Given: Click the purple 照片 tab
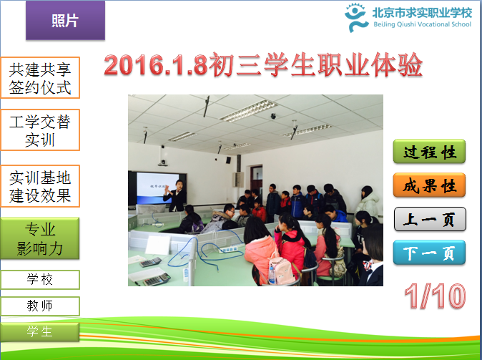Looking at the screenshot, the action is [65, 20].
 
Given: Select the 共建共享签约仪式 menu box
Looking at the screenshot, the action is [40, 78].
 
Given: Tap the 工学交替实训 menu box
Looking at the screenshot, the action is [40, 130].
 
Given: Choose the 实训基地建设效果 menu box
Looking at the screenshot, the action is [40, 186].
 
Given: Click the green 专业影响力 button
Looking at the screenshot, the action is [40, 238].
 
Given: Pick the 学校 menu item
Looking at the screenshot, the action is [40, 280].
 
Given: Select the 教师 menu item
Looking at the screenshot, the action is [40, 306].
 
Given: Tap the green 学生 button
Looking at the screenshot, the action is [40, 331].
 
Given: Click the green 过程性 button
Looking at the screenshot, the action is [429, 152].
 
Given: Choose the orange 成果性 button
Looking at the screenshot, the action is [429, 185].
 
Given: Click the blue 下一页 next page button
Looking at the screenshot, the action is [429, 253].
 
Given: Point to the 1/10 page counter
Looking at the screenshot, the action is [435, 296].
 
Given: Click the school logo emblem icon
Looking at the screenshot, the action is [355, 18].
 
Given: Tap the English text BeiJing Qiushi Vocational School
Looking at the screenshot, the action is [423, 24].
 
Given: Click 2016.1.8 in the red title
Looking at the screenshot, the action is [156, 65].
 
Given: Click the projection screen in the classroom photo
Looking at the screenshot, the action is [157, 188].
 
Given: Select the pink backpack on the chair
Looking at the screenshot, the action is [281, 270].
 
